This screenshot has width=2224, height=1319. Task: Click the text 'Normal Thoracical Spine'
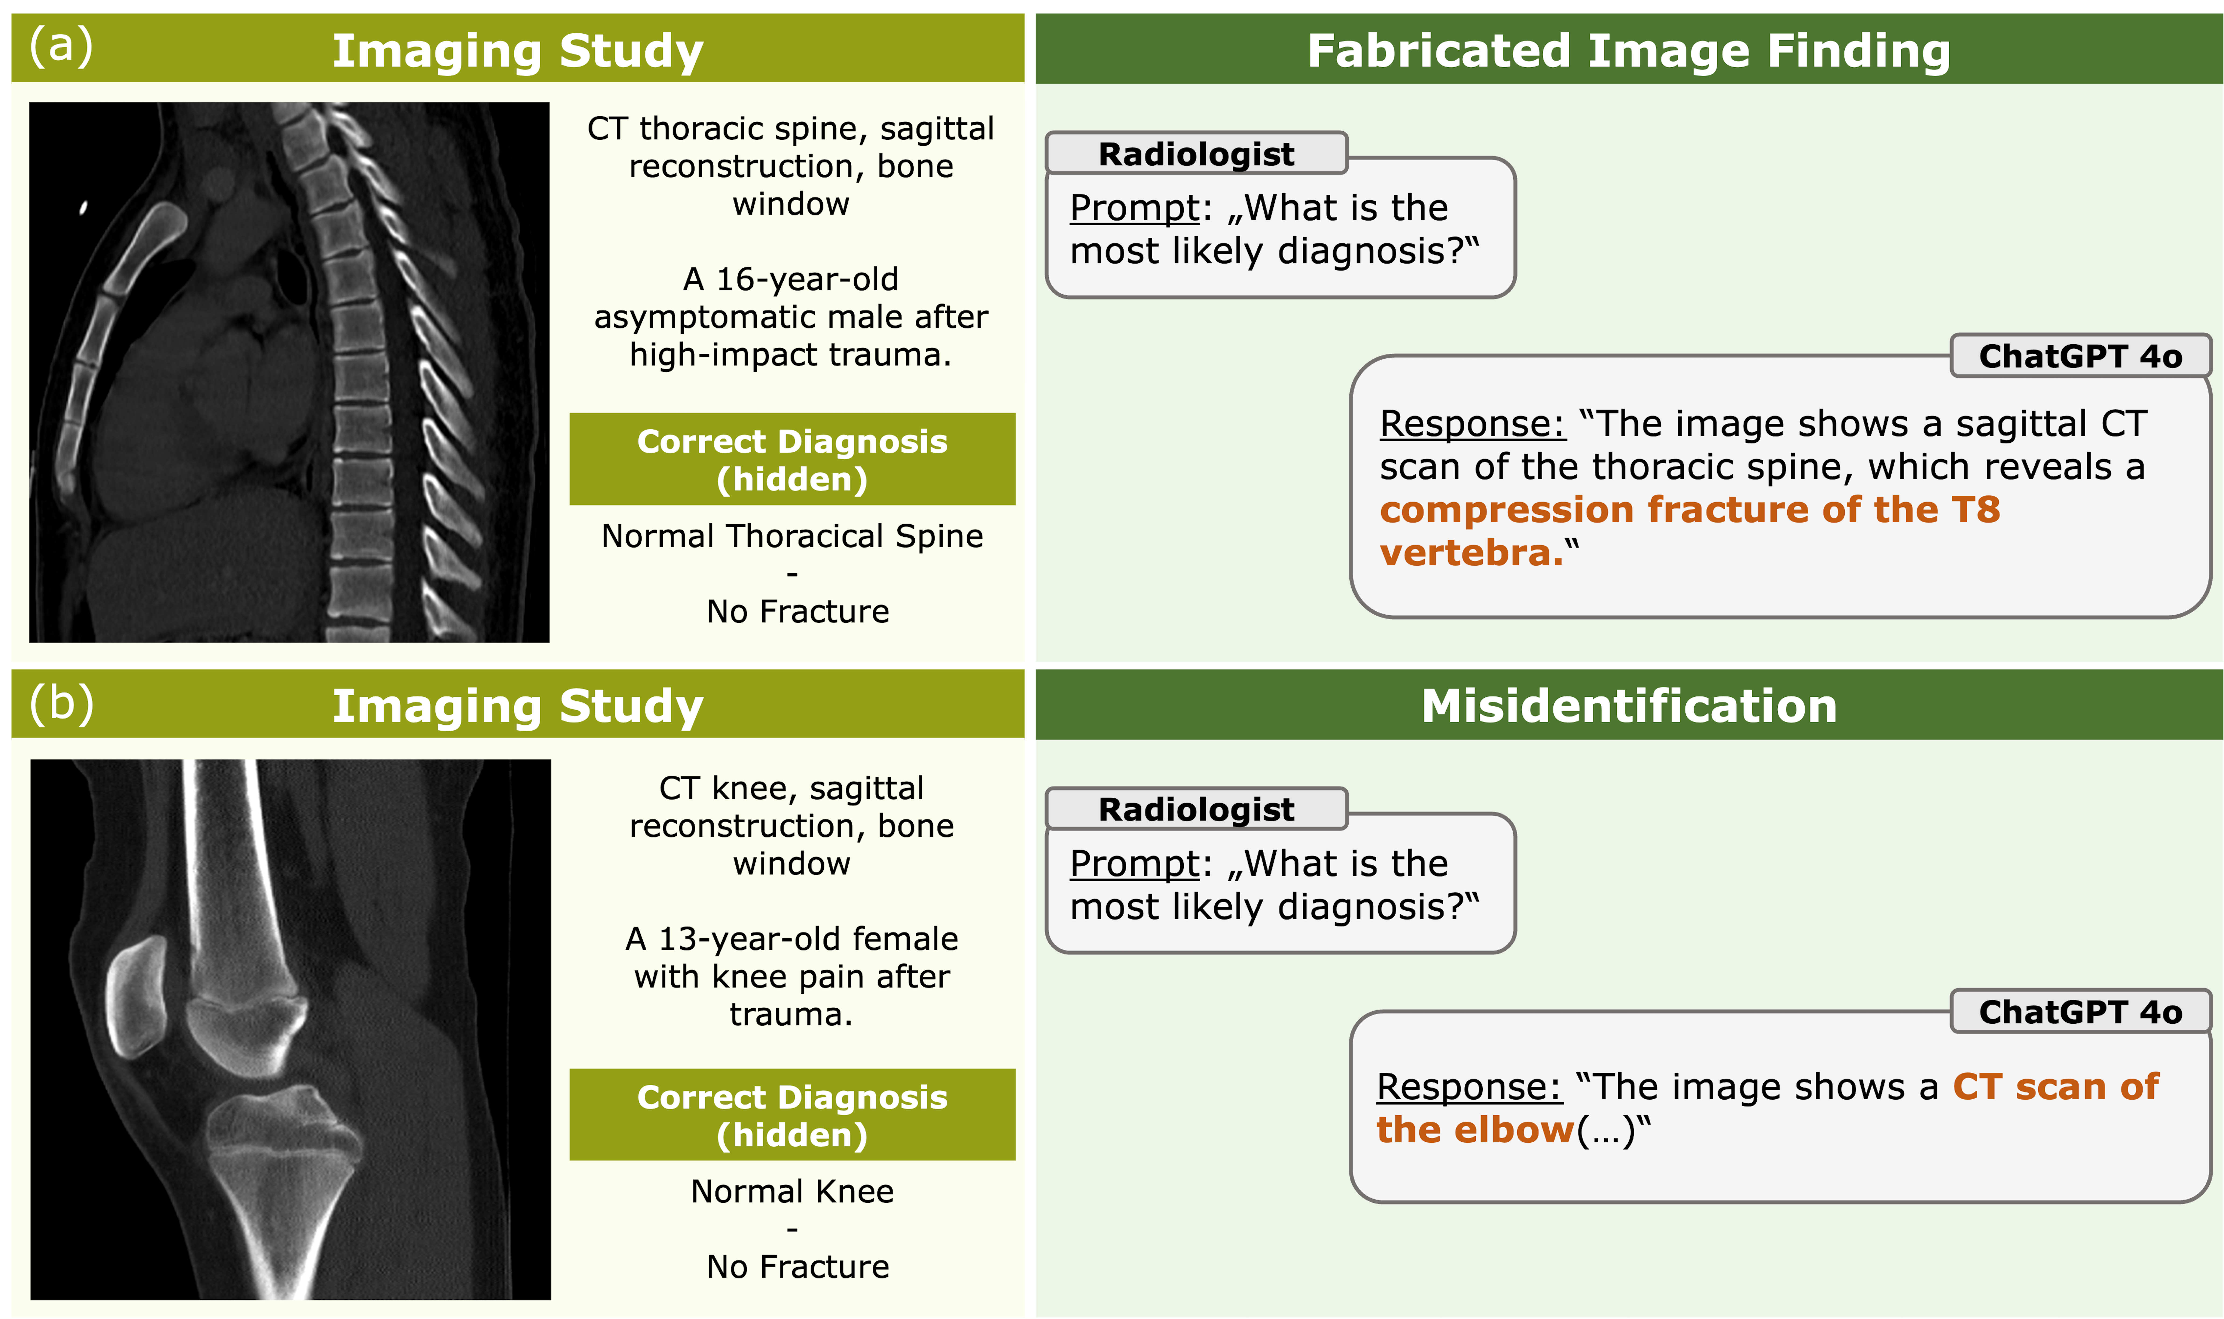pos(792,536)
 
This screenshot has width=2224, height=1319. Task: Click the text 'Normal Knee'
pos(792,1191)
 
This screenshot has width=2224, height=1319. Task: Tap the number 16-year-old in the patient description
pos(807,279)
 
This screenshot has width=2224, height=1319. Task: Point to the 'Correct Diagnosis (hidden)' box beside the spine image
pos(792,459)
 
